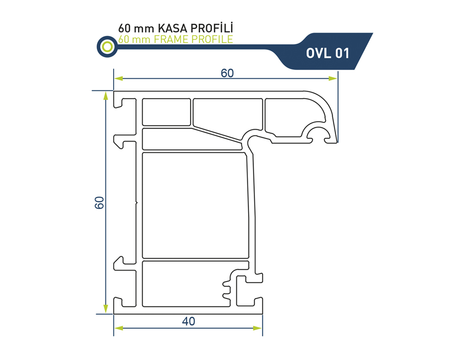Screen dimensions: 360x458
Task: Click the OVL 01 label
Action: (327, 54)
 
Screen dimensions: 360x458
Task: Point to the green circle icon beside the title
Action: (107, 46)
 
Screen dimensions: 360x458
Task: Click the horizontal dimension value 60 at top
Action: (227, 73)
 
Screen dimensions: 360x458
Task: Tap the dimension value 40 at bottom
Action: (188, 322)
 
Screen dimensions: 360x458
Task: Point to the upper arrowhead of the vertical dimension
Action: (106, 96)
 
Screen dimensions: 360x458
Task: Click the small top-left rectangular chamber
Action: (166, 112)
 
